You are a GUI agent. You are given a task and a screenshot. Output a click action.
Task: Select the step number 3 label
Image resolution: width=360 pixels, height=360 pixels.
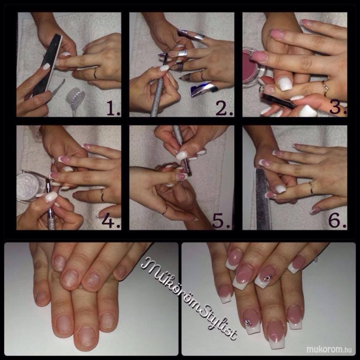(338, 108)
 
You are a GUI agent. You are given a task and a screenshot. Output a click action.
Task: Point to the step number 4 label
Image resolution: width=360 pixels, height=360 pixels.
(111, 221)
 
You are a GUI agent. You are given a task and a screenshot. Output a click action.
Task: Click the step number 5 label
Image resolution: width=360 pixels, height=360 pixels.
(222, 221)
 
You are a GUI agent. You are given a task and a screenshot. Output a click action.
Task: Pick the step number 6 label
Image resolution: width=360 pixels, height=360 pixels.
(337, 221)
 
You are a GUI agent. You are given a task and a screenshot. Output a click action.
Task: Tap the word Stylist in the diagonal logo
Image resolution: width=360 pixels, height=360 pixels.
(218, 322)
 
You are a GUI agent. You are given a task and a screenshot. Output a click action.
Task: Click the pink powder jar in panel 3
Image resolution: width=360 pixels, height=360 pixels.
(253, 69)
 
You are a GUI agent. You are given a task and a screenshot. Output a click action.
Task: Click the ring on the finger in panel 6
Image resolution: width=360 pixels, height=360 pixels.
(311, 187)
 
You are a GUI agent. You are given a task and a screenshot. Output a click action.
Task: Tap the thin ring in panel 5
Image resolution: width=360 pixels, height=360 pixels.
(165, 210)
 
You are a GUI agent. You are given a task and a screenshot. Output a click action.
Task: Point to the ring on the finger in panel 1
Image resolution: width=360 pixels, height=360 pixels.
(95, 74)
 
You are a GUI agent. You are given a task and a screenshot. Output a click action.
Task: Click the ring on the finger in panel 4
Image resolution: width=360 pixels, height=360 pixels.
(102, 195)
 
